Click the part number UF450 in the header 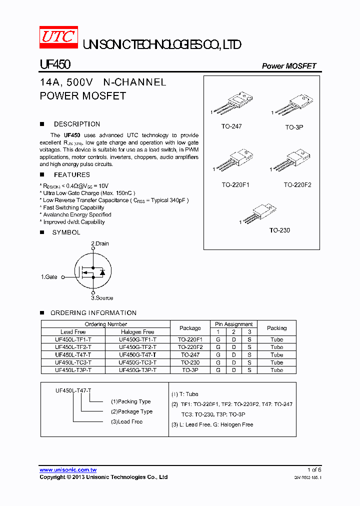55,65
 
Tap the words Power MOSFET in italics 289,66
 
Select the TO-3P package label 294,127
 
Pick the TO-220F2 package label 297,185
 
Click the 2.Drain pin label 99,243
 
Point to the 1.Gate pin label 49,276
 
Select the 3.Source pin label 102,298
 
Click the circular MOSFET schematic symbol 93,271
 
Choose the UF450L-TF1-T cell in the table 73,339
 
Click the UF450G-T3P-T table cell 137,370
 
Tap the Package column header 190,328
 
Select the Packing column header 276,328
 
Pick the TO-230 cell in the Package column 190,362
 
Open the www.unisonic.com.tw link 68,470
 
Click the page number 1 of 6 314,470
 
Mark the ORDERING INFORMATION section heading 93,313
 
